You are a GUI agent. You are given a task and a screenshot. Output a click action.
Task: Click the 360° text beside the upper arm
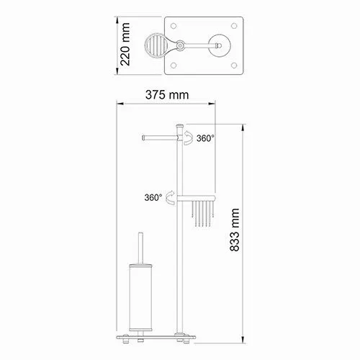205,140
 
